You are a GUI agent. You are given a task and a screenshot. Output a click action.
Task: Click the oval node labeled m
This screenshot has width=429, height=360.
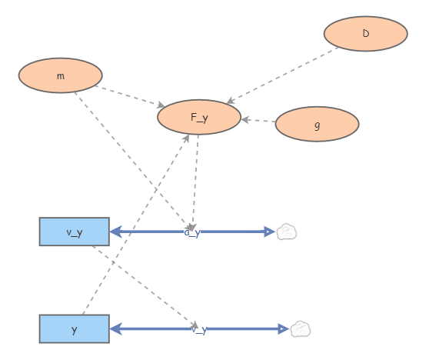(x=60, y=75)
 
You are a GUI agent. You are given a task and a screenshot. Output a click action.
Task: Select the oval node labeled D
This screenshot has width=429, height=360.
(x=365, y=34)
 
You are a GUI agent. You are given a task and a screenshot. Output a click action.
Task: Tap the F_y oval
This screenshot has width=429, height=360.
(x=199, y=117)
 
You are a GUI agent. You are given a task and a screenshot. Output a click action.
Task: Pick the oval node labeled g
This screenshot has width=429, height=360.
(x=317, y=124)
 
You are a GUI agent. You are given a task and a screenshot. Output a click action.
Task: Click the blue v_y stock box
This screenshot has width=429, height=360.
(x=75, y=232)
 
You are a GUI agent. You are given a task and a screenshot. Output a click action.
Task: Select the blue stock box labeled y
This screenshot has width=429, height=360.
(x=75, y=328)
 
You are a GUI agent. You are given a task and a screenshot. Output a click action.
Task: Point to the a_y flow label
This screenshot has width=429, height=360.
(x=192, y=232)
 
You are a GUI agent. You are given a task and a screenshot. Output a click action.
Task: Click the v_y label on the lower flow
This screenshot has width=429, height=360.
(x=199, y=329)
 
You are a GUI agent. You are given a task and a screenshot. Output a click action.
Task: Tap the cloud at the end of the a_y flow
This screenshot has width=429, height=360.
(x=287, y=232)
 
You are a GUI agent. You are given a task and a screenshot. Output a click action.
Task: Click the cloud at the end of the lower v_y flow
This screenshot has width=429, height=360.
(x=301, y=329)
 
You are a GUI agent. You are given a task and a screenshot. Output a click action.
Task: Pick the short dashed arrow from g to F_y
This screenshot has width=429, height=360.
(x=259, y=121)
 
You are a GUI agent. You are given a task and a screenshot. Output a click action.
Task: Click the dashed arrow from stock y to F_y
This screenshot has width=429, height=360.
(x=135, y=224)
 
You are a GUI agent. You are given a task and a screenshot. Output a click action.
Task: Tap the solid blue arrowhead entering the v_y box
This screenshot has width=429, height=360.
(x=116, y=232)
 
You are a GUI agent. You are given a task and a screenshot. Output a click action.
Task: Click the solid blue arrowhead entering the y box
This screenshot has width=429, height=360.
(x=116, y=329)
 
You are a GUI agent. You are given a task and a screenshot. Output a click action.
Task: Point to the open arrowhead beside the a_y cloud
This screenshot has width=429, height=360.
(x=269, y=232)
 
